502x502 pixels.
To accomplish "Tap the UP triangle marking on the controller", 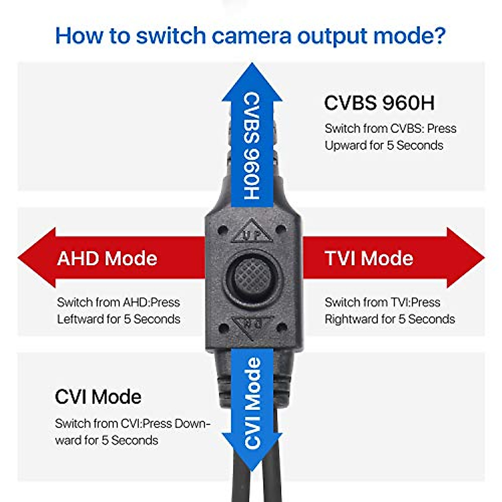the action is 252,231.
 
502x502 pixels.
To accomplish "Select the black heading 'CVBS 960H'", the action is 379,103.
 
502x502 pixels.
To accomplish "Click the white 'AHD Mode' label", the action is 107,259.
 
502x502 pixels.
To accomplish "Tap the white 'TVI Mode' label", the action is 369,259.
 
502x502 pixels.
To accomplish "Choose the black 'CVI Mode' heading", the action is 98,397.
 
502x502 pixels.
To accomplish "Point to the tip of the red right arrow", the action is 484,258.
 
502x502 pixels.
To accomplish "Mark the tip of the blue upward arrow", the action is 252,63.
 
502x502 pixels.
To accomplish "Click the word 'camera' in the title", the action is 251,36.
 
